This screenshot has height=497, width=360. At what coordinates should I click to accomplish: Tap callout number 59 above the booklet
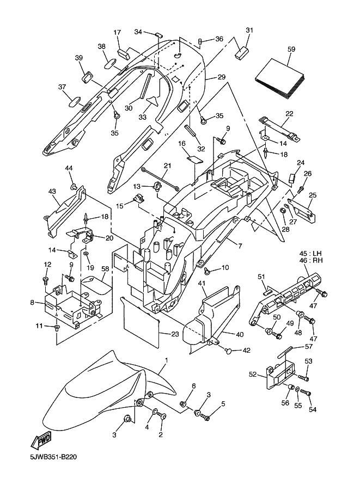click(x=291, y=49)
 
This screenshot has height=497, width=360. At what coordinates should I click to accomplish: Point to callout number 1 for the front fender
click(x=167, y=360)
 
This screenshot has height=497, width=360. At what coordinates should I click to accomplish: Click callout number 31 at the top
click(x=249, y=30)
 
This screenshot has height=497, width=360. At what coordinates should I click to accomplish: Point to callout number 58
click(x=105, y=269)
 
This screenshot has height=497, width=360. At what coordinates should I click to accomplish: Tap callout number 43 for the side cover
click(x=52, y=191)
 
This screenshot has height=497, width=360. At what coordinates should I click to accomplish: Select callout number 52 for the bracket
click(x=253, y=374)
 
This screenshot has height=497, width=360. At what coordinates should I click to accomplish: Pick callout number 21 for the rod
click(x=167, y=165)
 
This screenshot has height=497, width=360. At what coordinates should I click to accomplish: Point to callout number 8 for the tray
click(x=33, y=302)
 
